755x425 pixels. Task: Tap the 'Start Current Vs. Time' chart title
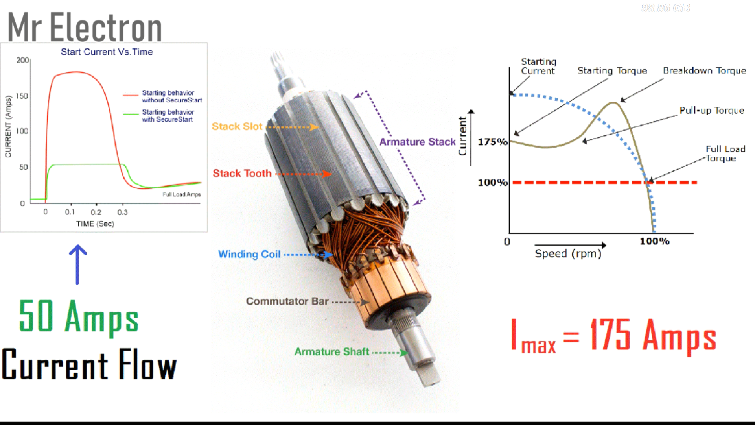[x=107, y=52]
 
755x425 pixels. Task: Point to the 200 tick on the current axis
[x=22, y=60]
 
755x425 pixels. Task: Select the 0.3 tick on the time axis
[x=122, y=213]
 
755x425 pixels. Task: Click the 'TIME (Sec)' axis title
[x=95, y=224]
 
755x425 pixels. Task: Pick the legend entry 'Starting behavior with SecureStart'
[x=168, y=116]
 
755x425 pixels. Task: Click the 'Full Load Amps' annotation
[x=182, y=194]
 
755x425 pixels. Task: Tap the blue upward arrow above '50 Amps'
[x=78, y=264]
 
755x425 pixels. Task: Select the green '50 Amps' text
[x=79, y=317]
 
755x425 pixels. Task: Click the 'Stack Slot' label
[x=237, y=127]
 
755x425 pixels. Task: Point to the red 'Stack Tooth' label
[x=242, y=174]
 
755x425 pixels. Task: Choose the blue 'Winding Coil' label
[x=249, y=254]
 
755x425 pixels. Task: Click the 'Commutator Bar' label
[x=287, y=301]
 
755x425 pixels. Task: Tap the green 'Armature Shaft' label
[x=332, y=351]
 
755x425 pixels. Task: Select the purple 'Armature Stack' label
[x=417, y=142]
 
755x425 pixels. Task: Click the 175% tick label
[x=492, y=142]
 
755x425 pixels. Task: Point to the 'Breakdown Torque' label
[x=704, y=71]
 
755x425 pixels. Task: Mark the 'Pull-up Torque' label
[x=712, y=111]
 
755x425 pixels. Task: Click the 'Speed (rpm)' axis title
[x=568, y=254]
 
